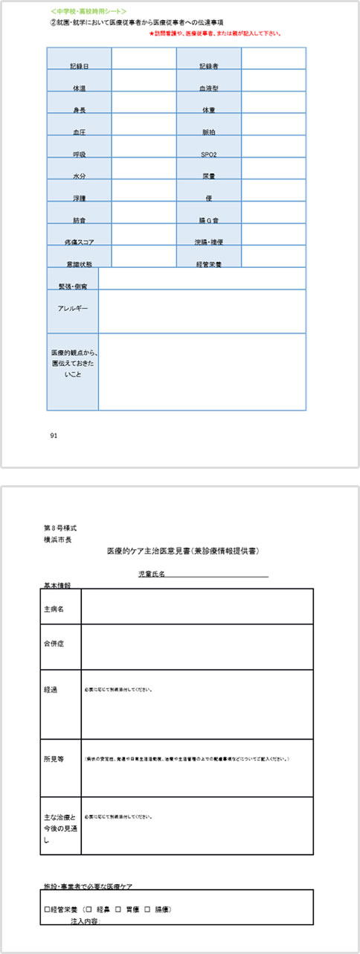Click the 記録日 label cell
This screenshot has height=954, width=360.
click(79, 66)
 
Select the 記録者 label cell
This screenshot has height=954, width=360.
click(208, 66)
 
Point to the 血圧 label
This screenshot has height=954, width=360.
click(79, 132)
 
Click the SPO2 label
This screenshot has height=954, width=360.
click(208, 154)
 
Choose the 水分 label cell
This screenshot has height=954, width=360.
click(79, 176)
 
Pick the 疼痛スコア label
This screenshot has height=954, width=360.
click(79, 242)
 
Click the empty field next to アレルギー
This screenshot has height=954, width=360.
click(201, 311)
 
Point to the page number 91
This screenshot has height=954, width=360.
click(53, 435)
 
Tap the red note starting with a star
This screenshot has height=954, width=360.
click(219, 33)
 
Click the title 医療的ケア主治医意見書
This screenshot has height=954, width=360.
click(183, 551)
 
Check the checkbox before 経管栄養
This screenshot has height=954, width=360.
click(46, 909)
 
